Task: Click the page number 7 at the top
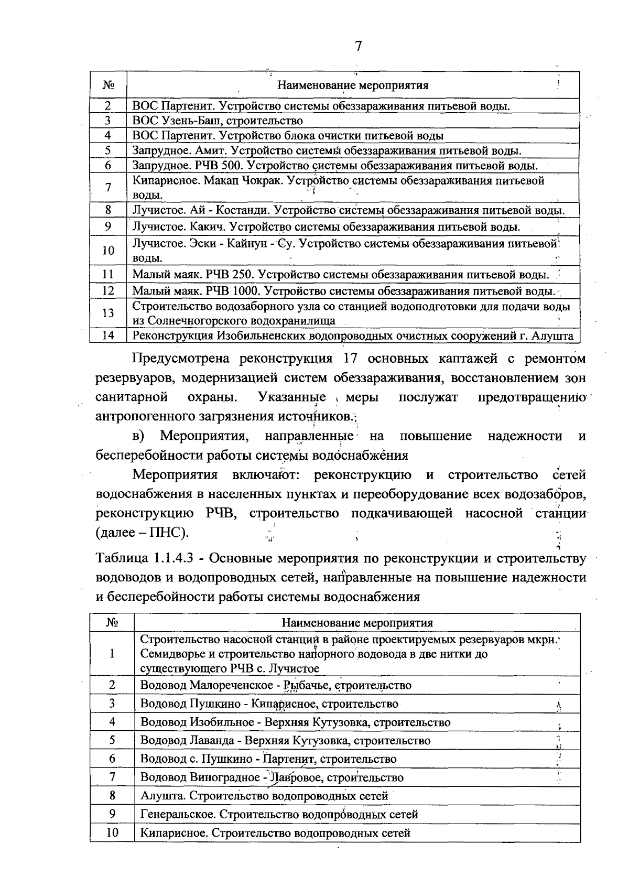(x=359, y=46)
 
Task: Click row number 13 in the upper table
(x=108, y=313)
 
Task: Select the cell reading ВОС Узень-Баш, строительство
(x=218, y=121)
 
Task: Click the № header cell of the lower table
(x=112, y=623)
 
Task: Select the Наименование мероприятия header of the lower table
(x=357, y=623)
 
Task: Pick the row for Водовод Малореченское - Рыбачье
(x=276, y=685)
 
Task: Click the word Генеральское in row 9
(x=176, y=815)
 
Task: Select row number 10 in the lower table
(x=112, y=833)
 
